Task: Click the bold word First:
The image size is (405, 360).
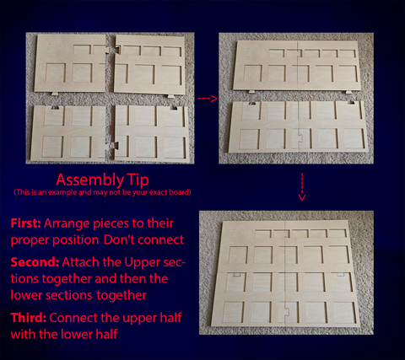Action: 25,223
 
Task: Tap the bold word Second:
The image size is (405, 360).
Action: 35,262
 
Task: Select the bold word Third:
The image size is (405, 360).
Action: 29,318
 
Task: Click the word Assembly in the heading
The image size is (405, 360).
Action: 88,180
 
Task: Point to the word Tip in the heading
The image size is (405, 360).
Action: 138,180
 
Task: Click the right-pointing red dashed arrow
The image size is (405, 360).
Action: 208,99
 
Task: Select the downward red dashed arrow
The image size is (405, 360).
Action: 302,187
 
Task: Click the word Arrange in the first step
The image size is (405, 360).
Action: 67,224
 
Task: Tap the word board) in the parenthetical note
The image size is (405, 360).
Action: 180,192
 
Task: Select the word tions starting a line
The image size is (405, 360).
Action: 24,279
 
